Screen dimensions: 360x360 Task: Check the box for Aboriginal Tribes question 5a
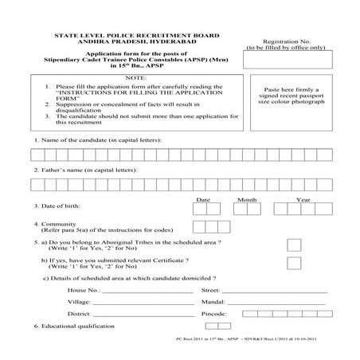[x=294, y=245]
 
